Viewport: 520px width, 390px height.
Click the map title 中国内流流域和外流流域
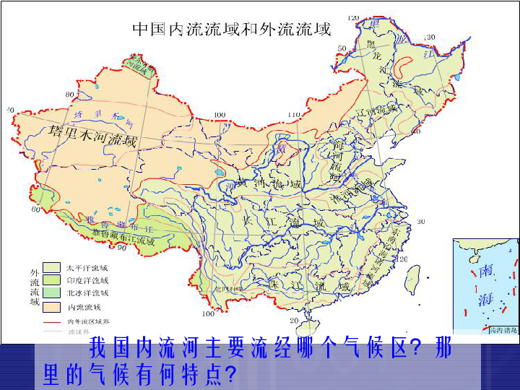(x=230, y=30)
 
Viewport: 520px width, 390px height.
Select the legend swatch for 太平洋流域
(x=51, y=267)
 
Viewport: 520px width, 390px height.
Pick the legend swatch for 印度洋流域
(x=51, y=280)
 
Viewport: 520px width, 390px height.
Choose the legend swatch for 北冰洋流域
(x=51, y=293)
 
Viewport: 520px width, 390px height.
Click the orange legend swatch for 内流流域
(x=51, y=306)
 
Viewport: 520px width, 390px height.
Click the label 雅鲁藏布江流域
(x=123, y=235)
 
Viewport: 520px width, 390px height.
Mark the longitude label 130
(x=429, y=37)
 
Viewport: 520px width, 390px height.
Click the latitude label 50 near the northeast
(x=342, y=48)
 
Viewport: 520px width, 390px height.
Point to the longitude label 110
(x=293, y=115)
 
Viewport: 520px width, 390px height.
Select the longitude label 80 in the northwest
(x=69, y=95)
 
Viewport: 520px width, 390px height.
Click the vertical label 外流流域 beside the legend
(x=34, y=287)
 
